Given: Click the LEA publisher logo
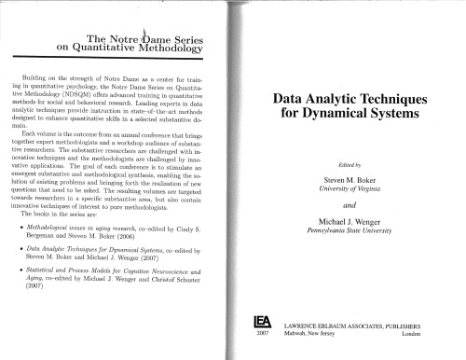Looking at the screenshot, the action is pyautogui.click(x=262, y=324).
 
